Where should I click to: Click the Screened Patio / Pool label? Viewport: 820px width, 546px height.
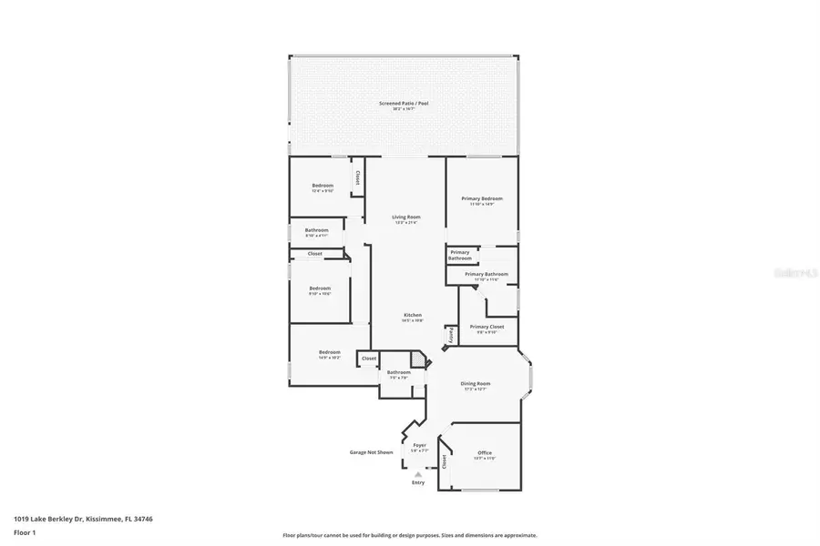404,104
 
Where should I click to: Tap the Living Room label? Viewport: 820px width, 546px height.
406,217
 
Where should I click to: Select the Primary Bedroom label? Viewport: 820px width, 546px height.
481,198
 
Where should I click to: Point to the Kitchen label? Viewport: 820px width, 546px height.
413,315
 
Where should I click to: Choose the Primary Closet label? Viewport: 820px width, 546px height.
487,327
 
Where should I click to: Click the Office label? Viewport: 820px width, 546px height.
485,453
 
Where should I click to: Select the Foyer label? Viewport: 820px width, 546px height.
419,445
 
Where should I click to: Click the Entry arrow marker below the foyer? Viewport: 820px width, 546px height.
418,473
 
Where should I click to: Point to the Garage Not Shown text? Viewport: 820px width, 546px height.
372,452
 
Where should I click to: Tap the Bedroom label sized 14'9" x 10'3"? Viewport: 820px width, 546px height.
329,352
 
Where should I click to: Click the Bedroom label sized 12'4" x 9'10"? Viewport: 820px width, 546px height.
323,186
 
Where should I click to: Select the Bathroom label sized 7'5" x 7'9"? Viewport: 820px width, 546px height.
398,372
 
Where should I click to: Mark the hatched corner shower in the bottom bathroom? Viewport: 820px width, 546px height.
416,360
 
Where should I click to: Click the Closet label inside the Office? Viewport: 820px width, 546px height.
445,461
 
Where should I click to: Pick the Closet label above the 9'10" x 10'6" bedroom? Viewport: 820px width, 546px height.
314,254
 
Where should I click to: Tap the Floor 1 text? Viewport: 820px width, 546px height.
25,531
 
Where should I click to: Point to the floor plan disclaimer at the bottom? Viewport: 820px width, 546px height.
409,535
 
